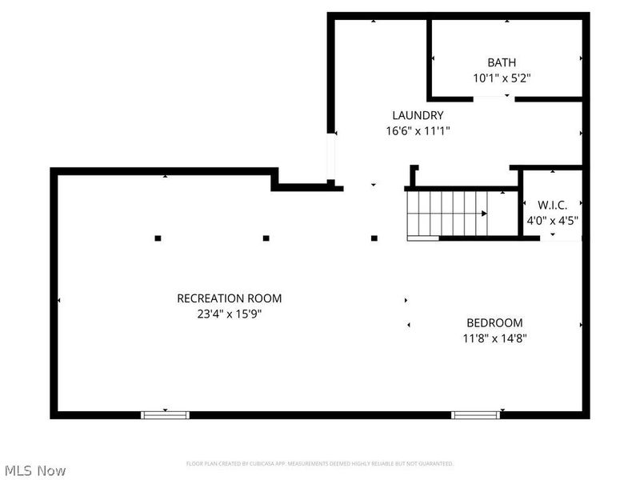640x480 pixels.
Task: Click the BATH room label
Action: coord(502,62)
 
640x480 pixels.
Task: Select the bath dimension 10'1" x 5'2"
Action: coord(502,78)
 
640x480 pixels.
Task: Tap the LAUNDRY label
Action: coord(417,115)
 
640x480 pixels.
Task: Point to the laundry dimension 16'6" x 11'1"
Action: coord(417,131)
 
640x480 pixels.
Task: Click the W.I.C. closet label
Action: coord(552,204)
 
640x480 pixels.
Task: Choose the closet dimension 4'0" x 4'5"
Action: coord(552,220)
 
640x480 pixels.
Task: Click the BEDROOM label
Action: coord(494,322)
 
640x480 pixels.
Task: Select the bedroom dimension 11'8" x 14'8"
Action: coord(494,338)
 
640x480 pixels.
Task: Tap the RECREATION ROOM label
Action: coord(229,298)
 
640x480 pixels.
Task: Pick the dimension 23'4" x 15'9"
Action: coord(229,314)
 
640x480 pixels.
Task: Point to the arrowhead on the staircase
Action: coord(485,214)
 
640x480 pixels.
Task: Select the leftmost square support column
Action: coord(158,238)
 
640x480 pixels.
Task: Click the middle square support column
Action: coord(266,238)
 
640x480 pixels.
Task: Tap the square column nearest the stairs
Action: coord(374,238)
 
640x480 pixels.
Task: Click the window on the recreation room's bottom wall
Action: coord(165,414)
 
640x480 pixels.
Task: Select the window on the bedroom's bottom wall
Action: coord(475,414)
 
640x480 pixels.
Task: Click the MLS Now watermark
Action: coord(34,470)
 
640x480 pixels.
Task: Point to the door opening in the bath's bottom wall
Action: coord(494,98)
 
